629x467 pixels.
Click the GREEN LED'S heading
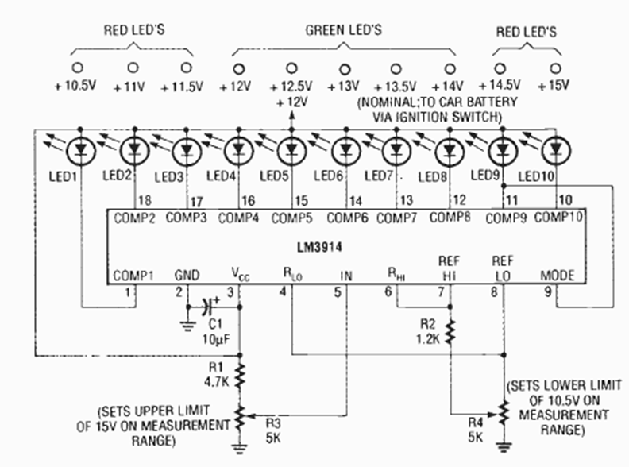pos(344,30)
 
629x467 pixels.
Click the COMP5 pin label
pos(291,217)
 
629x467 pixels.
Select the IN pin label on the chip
pos(345,276)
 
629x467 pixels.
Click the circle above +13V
pos(344,68)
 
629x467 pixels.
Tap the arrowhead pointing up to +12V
pos(291,115)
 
